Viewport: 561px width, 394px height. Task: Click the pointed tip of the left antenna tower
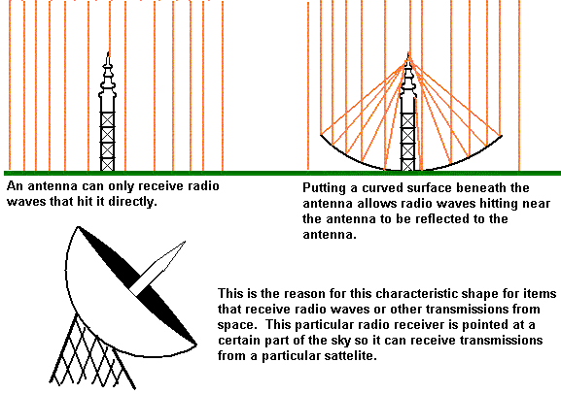[x=108, y=52]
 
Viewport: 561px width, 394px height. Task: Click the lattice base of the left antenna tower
[x=107, y=142]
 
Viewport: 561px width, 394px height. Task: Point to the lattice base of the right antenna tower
[x=408, y=142]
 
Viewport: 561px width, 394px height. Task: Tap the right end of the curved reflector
[x=502, y=136]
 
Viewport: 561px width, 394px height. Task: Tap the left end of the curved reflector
[x=321, y=135]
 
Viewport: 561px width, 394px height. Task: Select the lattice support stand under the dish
[x=92, y=353]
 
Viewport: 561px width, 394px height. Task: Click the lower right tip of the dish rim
[x=196, y=345]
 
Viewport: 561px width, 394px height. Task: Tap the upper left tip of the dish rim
[x=79, y=227]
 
